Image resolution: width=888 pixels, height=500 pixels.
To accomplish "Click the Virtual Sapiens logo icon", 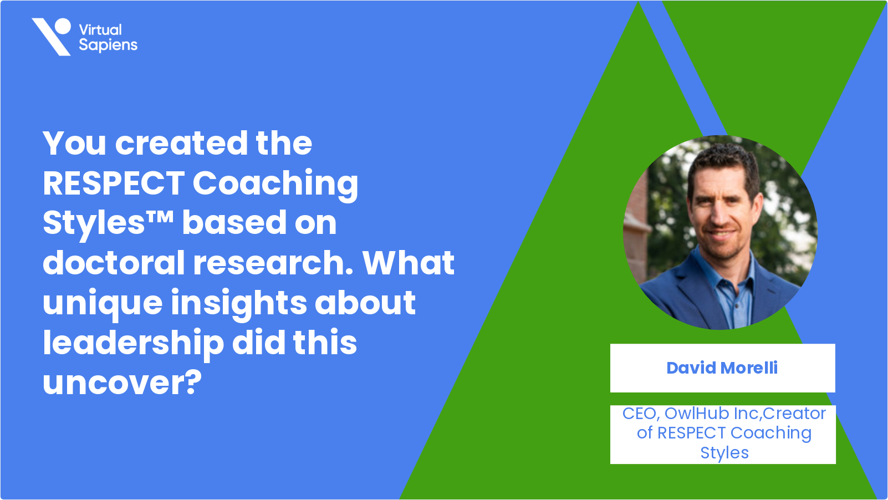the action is (52, 37).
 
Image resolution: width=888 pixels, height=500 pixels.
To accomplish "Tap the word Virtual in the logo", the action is (100, 30).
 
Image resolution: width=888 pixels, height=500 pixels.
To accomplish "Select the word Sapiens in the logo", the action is (108, 45).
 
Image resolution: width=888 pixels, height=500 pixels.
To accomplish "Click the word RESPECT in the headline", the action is (114, 183).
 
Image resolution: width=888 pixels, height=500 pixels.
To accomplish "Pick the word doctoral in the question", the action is (114, 262).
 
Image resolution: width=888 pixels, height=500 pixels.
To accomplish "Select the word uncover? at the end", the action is (123, 383).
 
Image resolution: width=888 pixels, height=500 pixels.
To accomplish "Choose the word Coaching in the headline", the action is (275, 185).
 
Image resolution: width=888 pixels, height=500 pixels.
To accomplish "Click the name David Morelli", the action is (722, 368).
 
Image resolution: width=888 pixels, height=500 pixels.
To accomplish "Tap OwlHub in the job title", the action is (697, 414).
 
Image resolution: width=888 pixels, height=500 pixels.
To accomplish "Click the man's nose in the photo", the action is (722, 213).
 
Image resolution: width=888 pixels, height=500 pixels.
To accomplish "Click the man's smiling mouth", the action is (720, 234).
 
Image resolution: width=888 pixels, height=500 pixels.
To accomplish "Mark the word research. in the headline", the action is (273, 263).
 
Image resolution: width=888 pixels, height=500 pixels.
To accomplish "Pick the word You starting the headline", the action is (74, 143).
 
